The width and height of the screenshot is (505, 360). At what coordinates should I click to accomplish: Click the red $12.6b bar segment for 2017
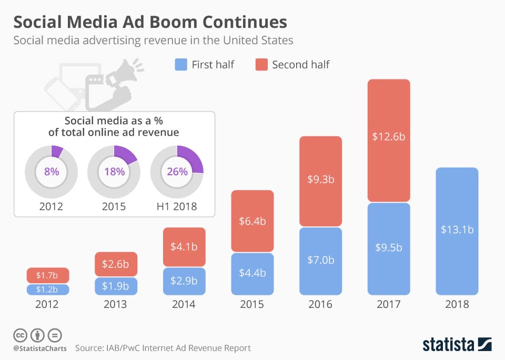389,140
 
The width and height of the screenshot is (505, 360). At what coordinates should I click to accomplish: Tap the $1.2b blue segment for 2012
48,289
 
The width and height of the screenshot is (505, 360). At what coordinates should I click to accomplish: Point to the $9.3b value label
321,179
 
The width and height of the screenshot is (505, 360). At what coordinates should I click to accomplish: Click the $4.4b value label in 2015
252,273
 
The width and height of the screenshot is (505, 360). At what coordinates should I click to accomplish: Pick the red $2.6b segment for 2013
116,264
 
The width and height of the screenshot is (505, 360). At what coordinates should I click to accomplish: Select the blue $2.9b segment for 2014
184,281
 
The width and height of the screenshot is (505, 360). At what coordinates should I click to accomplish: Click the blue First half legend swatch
180,65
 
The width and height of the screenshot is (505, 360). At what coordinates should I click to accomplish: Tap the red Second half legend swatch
261,65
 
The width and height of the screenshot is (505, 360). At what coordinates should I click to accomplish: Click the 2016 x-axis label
321,304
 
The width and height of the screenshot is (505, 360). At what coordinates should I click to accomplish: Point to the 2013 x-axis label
116,304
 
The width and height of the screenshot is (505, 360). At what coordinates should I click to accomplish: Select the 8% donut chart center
51,172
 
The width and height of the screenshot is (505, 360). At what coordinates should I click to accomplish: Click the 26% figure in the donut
177,172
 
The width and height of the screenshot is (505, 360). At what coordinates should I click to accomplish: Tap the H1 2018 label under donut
177,206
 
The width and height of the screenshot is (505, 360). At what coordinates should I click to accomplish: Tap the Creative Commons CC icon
19,335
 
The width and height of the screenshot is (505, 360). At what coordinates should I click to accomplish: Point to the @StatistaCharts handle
39,348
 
